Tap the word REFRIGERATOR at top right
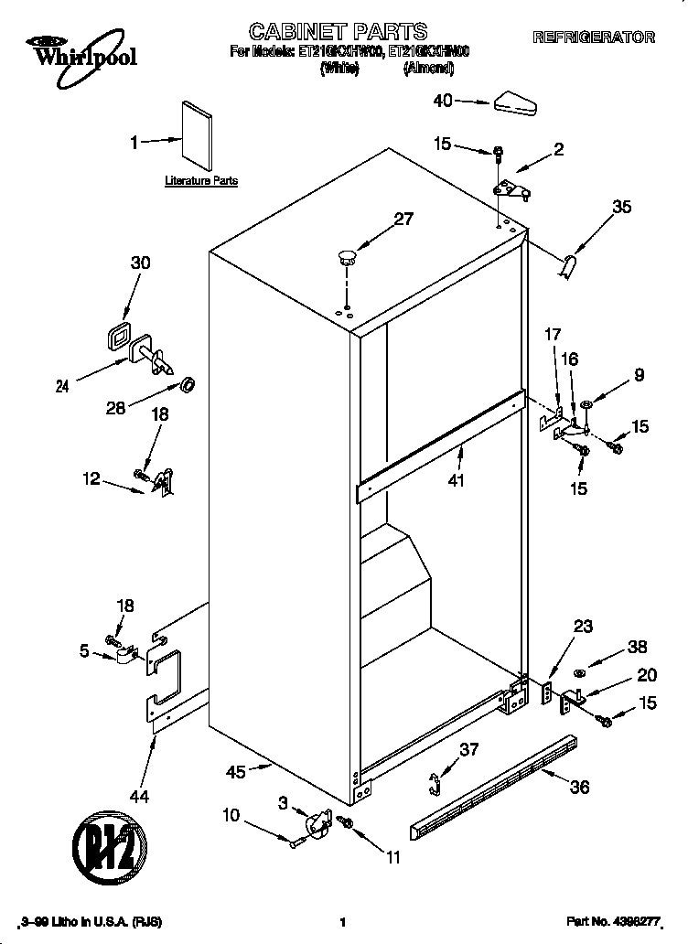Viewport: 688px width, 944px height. [x=594, y=38]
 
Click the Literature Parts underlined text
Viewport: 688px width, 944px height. [x=201, y=181]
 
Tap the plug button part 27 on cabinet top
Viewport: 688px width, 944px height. [x=346, y=255]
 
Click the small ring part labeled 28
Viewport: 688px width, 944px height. [x=188, y=381]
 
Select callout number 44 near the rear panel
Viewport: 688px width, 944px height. [x=139, y=797]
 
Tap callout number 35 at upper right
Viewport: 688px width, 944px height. [x=621, y=208]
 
